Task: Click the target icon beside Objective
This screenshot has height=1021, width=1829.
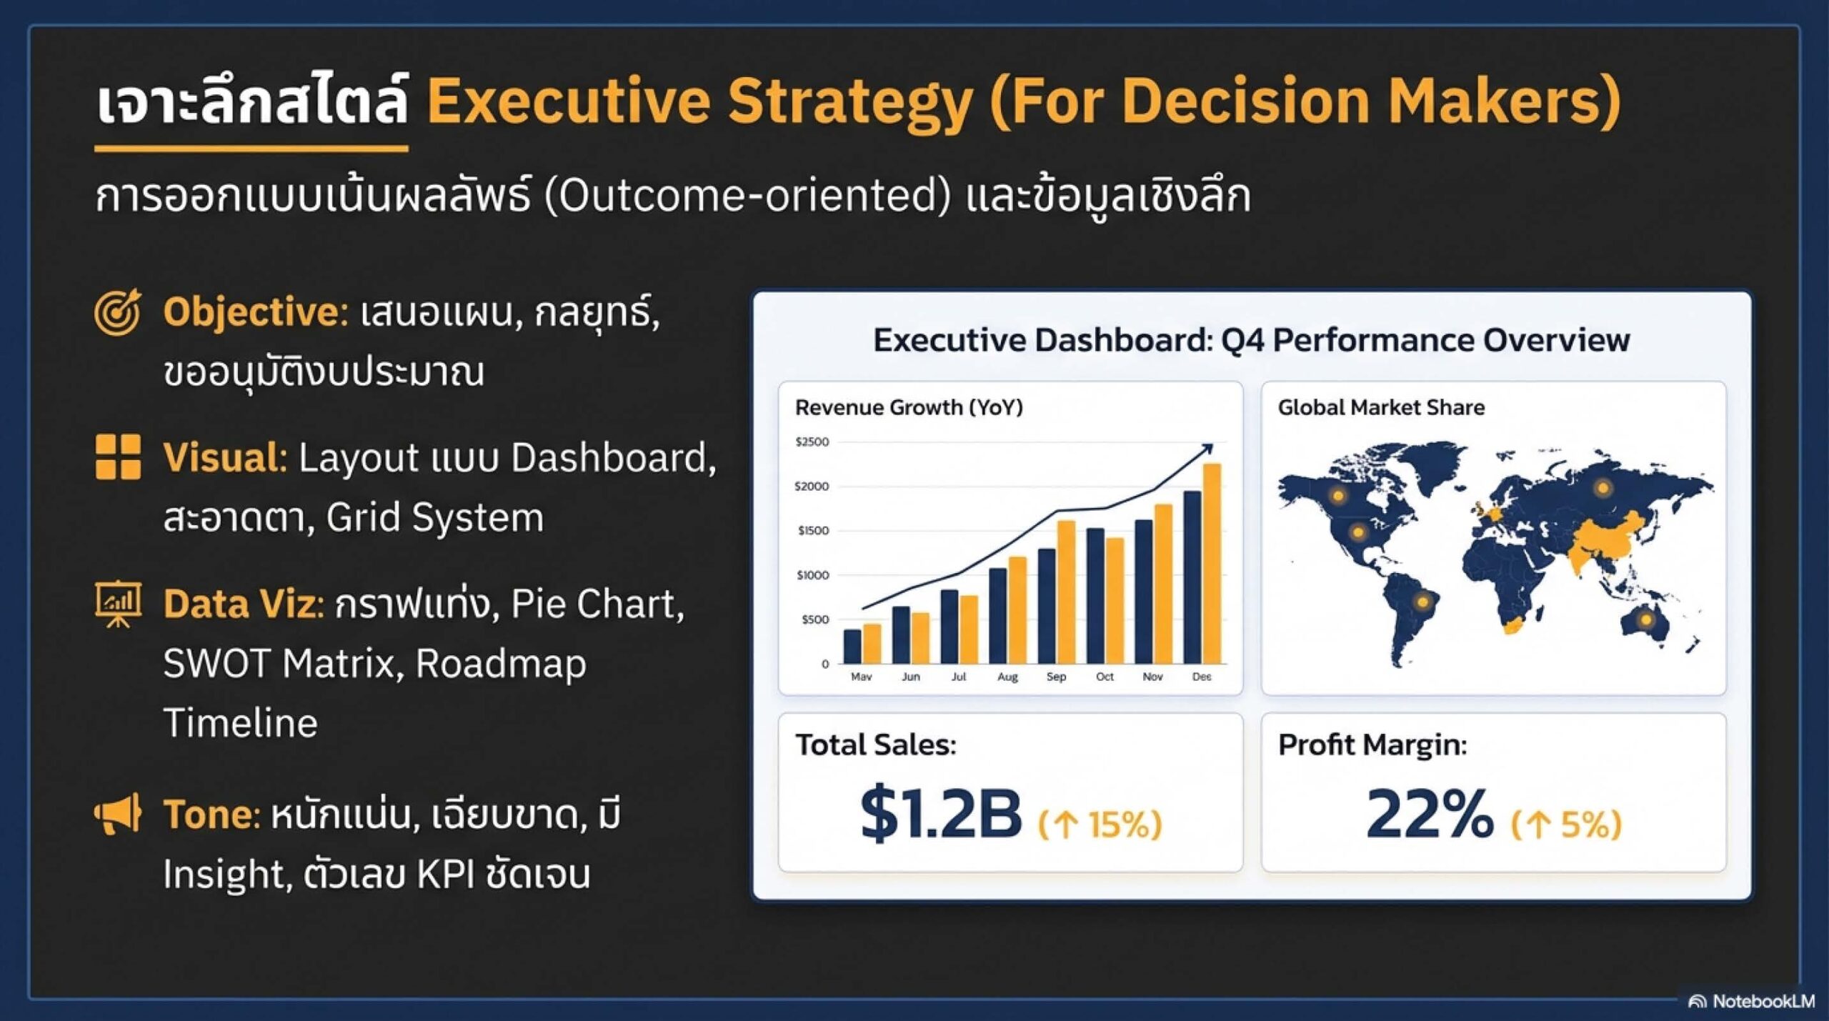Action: [x=118, y=312]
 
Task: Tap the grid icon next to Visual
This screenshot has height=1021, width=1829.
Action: [x=118, y=457]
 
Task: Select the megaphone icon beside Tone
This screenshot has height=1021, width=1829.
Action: [x=118, y=815]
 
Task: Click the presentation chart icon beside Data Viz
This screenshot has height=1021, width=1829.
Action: [x=118, y=604]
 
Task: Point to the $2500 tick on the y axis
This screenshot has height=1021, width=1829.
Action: [x=812, y=442]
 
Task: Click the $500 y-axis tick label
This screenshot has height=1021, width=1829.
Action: [x=815, y=619]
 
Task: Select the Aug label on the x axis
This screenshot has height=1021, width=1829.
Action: [x=1007, y=677]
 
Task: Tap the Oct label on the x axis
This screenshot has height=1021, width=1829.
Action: [x=1105, y=676]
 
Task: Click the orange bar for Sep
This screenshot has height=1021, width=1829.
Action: [x=1066, y=592]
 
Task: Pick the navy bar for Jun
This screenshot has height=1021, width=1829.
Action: [x=901, y=635]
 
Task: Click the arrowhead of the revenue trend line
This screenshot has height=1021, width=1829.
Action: [x=1207, y=449]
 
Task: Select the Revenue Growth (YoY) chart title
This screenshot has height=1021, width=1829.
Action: [x=909, y=407]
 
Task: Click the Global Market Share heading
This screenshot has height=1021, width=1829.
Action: [x=1381, y=407]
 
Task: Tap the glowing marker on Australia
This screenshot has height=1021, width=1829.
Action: [x=1646, y=619]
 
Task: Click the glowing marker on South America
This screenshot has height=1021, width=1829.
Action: [x=1422, y=602]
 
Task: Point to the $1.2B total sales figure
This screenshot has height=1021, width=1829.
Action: [x=941, y=813]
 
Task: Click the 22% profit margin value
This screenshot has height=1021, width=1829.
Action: [x=1430, y=813]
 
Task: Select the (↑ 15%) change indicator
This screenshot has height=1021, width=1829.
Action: [x=1100, y=824]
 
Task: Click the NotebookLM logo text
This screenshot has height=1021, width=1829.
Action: [x=1763, y=1001]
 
